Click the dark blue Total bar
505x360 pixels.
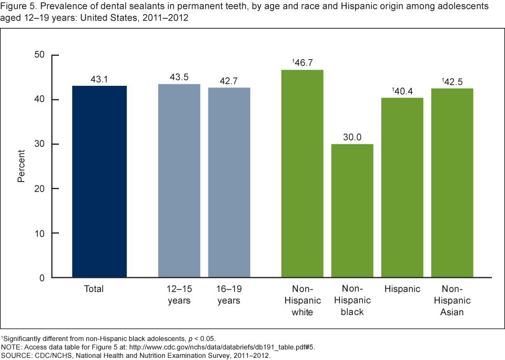pos(99,182)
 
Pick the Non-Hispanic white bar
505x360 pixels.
pos(302,173)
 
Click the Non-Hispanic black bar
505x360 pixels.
pos(352,211)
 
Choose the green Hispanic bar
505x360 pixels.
pos(402,187)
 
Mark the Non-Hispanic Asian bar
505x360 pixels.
pos(452,183)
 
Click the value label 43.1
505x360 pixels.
pos(99,79)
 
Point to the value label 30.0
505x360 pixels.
pos(352,137)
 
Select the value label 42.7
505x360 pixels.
pos(229,82)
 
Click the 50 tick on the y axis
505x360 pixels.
pos(40,55)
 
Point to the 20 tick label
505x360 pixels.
pos(40,188)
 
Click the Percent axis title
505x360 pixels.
pos(21,166)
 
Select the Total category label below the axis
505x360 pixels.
pos(94,289)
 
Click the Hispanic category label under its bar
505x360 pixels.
pos(402,289)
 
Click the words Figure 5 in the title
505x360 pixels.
pos(16,6)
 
